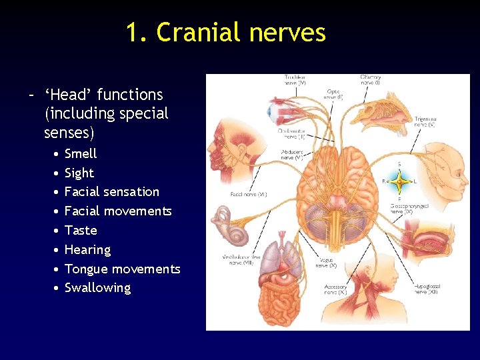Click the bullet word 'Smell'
point(81,153)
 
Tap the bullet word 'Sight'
point(79,173)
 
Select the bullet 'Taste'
point(81,230)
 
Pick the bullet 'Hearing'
point(87,250)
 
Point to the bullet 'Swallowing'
point(97,288)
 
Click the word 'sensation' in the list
point(129,192)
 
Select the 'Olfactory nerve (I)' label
point(370,81)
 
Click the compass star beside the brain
point(399,181)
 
